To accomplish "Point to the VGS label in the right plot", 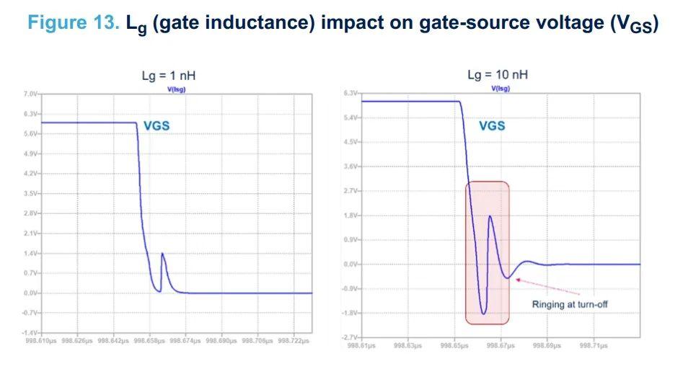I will coord(493,125).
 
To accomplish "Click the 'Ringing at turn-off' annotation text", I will coord(570,304).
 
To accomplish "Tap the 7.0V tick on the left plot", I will coord(30,94).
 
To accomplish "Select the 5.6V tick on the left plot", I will coord(30,134).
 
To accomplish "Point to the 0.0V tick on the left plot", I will coord(30,293).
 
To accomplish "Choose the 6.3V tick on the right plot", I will coord(351,94).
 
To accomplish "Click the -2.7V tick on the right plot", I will coord(351,337).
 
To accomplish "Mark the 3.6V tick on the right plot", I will coord(351,166).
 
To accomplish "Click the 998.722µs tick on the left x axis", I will coord(294,340).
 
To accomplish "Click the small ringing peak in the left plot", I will coord(162,254).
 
